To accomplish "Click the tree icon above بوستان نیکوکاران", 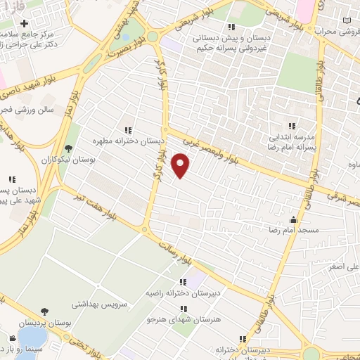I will tap(68, 148).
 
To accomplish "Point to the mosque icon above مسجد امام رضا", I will tap(293, 219).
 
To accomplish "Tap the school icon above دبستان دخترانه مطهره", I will tap(128, 129).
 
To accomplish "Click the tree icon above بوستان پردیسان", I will tap(44, 311).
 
